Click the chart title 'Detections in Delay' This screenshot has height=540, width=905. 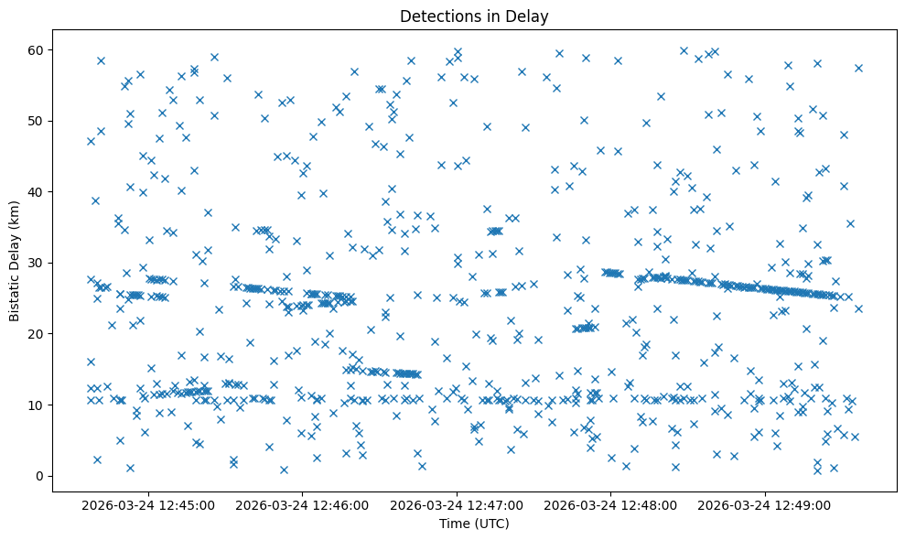[474, 16]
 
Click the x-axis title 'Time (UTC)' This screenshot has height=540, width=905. [474, 524]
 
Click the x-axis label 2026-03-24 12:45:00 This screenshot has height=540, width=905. [148, 504]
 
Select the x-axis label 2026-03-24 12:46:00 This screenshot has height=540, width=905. [303, 504]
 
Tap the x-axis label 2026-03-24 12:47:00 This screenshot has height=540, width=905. [458, 504]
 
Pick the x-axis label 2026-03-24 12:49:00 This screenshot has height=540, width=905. [766, 504]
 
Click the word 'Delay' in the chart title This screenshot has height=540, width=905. [530, 16]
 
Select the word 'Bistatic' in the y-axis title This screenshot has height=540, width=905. [15, 294]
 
